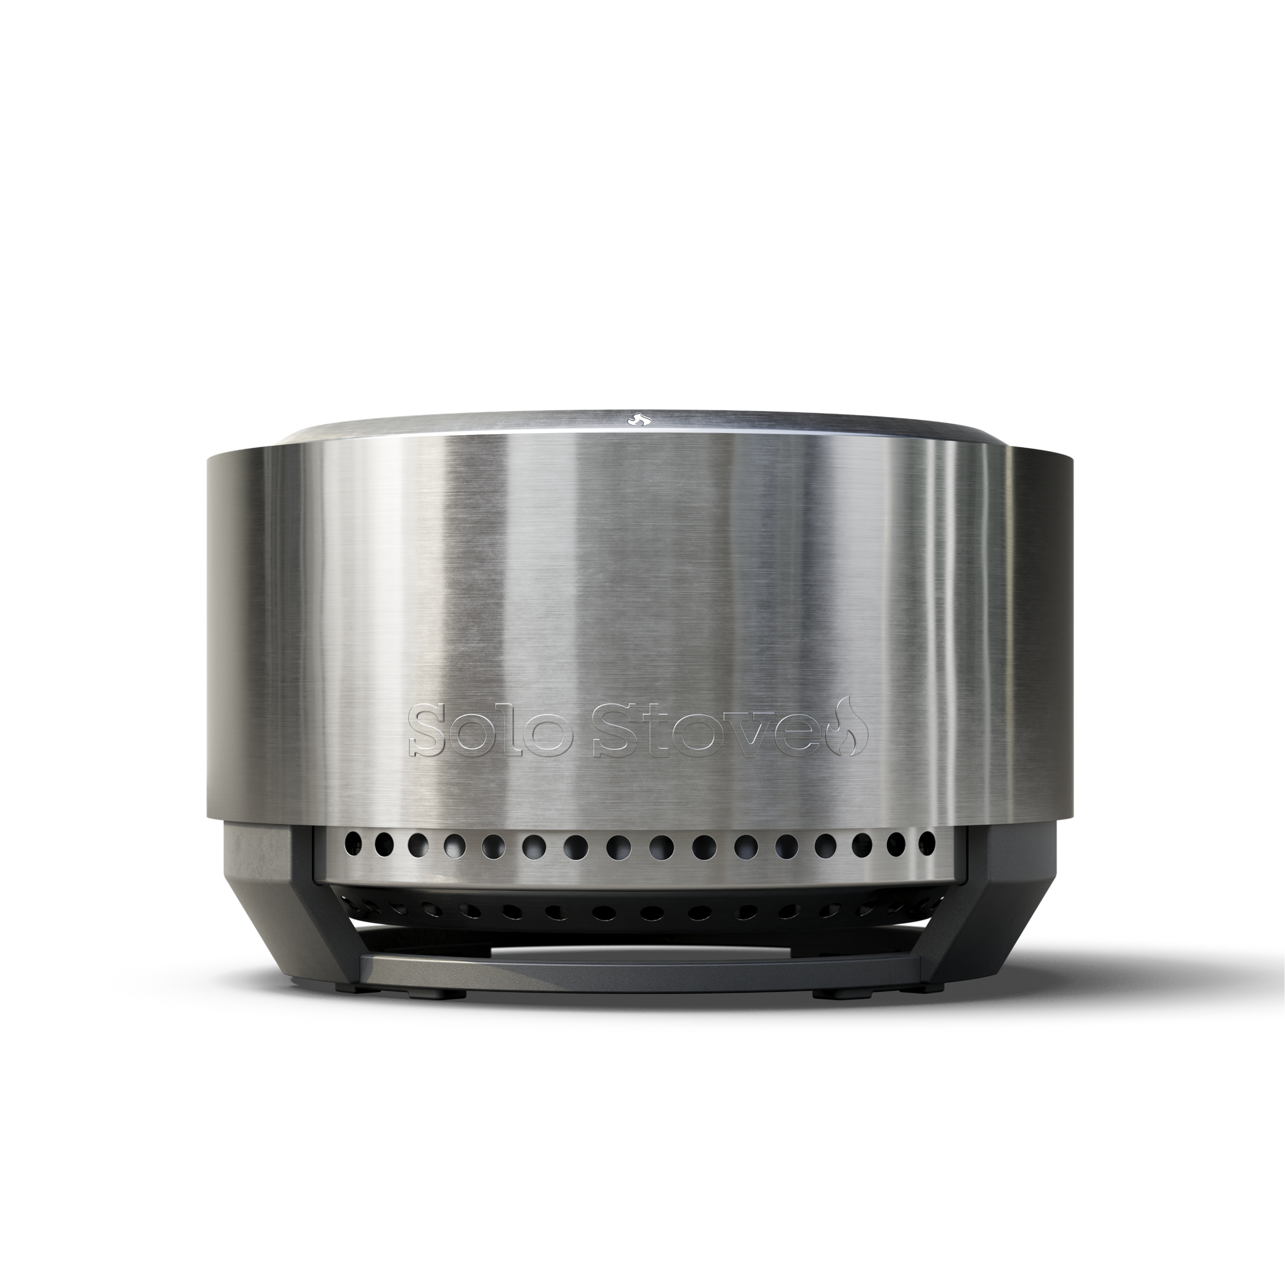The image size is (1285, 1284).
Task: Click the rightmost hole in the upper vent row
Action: click(926, 843)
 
